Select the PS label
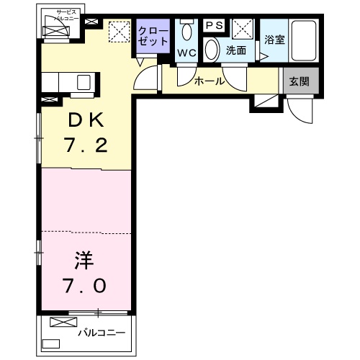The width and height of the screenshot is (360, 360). pyautogui.click(x=215, y=25)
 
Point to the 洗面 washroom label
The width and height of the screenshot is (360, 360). pyautogui.click(x=236, y=51)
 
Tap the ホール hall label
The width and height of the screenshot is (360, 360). pyautogui.click(x=209, y=81)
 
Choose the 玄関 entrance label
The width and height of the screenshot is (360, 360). pyautogui.click(x=300, y=81)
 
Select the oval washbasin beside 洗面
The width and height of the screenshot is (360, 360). pyautogui.click(x=212, y=49)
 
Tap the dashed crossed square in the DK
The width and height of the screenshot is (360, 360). pyautogui.click(x=117, y=32)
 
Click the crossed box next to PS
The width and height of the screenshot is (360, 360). pyautogui.click(x=241, y=29)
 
